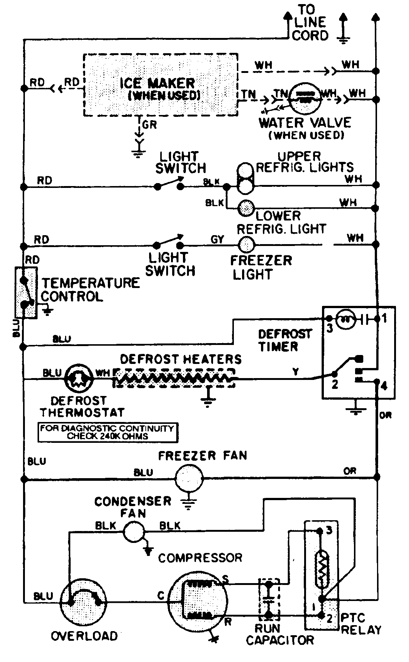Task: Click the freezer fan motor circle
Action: pyautogui.click(x=189, y=478)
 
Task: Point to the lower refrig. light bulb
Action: pyautogui.click(x=246, y=208)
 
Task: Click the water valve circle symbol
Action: pyautogui.click(x=305, y=98)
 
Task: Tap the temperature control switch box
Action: pyautogui.click(x=26, y=292)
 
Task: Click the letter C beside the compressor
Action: pyautogui.click(x=161, y=596)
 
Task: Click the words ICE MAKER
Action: pyautogui.click(x=157, y=83)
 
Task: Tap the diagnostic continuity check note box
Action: pyautogui.click(x=107, y=432)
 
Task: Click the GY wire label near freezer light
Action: pyautogui.click(x=217, y=239)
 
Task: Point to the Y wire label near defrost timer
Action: pyautogui.click(x=296, y=372)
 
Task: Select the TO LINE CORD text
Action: pyautogui.click(x=309, y=22)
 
